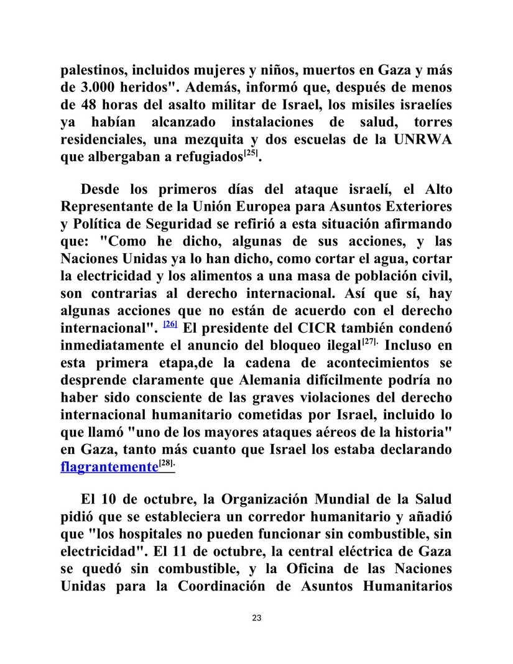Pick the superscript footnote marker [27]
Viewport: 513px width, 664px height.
point(371,341)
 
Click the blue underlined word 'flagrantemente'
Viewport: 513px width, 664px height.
point(109,466)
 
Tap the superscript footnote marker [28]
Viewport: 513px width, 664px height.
point(167,463)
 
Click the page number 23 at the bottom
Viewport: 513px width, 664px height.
point(257,618)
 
